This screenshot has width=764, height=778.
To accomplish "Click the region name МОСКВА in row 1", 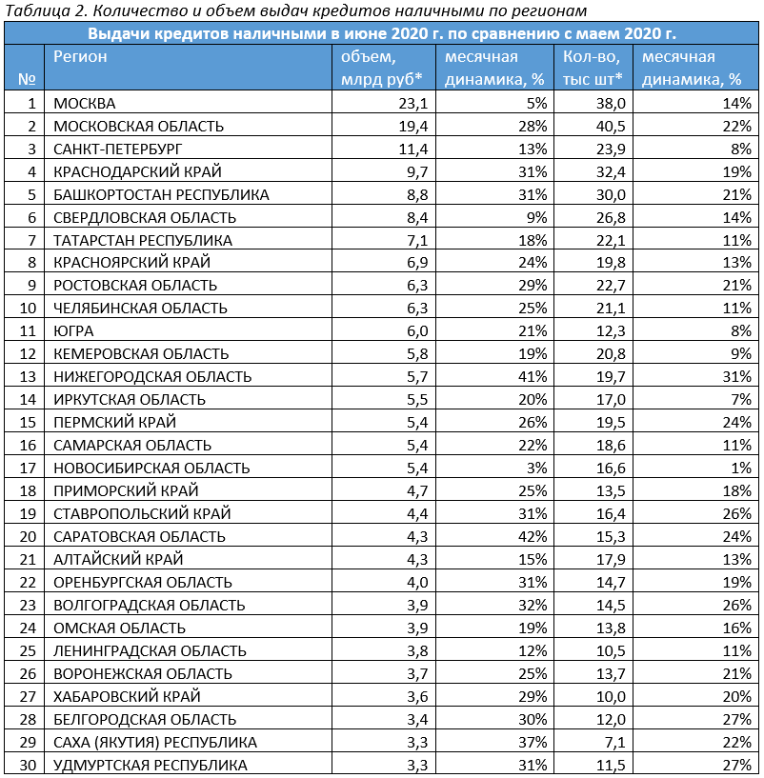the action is click(x=85, y=103).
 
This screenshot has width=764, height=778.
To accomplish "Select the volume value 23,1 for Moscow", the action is click(x=413, y=103).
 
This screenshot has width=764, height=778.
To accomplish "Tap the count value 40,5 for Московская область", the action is click(x=611, y=126).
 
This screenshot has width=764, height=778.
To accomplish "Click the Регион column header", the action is click(x=80, y=56).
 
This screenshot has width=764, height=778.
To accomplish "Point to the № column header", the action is click(x=27, y=79).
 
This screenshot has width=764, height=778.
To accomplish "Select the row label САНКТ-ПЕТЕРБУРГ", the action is click(x=118, y=149).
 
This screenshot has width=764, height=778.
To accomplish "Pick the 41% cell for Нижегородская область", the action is click(x=533, y=376).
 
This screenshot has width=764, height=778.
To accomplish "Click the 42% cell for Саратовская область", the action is click(x=533, y=536).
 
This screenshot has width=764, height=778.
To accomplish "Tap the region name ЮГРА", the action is click(x=73, y=331).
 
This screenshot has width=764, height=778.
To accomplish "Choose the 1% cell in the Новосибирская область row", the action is click(x=741, y=468).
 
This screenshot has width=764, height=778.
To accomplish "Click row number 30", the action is click(x=28, y=765).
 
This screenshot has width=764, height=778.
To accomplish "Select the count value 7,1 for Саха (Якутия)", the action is click(x=614, y=742).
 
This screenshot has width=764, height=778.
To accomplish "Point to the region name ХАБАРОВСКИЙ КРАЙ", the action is click(x=127, y=696).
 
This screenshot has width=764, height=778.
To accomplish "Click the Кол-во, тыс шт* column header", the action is click(x=593, y=68).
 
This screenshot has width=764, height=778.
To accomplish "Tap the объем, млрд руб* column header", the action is click(x=381, y=68).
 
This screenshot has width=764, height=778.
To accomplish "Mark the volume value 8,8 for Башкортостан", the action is click(x=417, y=194).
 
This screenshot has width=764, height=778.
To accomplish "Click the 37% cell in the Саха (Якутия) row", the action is click(x=533, y=742).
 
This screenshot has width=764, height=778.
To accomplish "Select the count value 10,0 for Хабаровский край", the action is click(x=611, y=696).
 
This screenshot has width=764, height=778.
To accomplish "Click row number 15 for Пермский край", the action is click(x=28, y=422).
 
